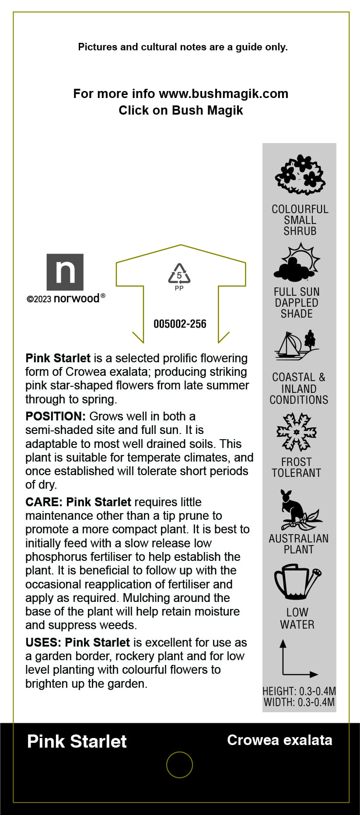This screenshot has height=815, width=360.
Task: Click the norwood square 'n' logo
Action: click(x=65, y=272)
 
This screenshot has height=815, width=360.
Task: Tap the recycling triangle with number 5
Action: click(x=179, y=274)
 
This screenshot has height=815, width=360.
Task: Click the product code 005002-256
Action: click(x=180, y=324)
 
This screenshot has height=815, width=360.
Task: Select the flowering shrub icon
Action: click(x=300, y=175)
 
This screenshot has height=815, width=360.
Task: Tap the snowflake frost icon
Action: click(x=297, y=432)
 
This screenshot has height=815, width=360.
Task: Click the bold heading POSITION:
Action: click(x=56, y=416)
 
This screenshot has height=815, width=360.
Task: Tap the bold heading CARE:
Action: click(x=44, y=502)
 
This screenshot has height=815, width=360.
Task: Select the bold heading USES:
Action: click(x=43, y=643)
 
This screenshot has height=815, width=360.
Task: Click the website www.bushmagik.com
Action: click(x=224, y=94)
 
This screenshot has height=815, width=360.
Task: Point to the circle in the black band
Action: click(x=179, y=765)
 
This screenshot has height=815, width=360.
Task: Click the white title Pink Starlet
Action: click(x=77, y=742)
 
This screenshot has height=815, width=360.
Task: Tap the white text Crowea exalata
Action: click(x=280, y=740)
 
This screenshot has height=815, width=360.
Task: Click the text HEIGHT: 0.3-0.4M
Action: click(x=299, y=691)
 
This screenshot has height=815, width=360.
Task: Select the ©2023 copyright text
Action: click(x=39, y=300)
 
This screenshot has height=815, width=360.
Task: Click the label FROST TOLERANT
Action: click(x=297, y=468)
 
